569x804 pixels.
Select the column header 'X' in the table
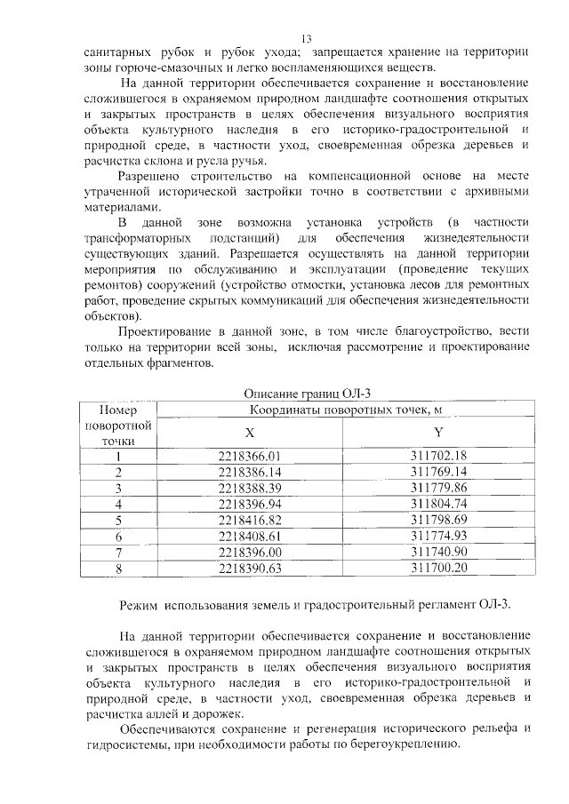(249, 434)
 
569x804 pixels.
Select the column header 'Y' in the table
(438, 433)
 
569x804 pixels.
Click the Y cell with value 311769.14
(438, 472)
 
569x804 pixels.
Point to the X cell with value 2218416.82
(249, 520)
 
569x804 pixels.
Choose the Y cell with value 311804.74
(438, 504)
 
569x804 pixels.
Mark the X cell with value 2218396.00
(249, 552)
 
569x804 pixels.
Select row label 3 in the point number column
(117, 489)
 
